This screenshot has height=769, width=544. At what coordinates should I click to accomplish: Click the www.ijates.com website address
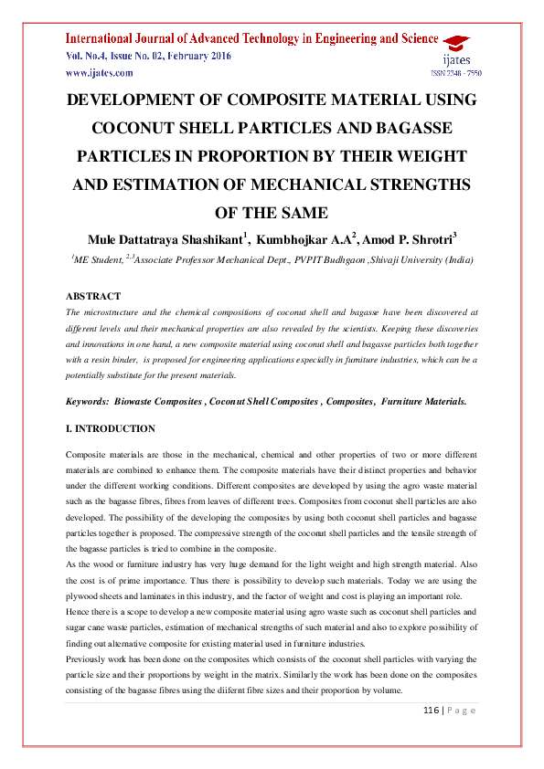[95, 72]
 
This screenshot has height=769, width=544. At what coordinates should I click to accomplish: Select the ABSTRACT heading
[93, 296]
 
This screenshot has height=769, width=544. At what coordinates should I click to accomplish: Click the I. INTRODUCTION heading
[111, 428]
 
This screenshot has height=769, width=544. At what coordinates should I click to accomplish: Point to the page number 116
[431, 710]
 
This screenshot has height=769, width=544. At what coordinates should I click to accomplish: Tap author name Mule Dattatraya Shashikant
[166, 240]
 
